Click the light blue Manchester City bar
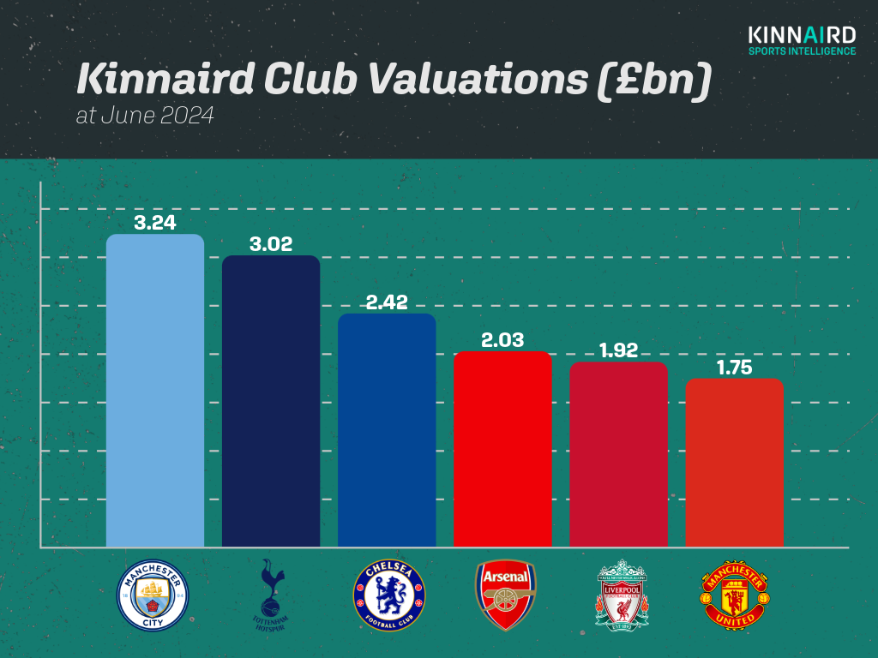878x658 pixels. [154, 390]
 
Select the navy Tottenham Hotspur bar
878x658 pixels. [271, 400]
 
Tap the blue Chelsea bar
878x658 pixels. [387, 429]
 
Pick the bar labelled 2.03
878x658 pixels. [502, 448]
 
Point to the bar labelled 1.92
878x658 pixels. [618, 453]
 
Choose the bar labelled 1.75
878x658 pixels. [734, 462]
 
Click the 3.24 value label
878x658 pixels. [154, 223]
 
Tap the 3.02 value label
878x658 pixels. [271, 244]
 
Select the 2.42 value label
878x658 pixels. [387, 302]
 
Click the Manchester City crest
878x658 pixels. [153, 595]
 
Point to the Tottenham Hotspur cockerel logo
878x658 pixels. [270, 595]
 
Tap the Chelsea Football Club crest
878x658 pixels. [388, 595]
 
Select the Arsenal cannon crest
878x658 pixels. [506, 595]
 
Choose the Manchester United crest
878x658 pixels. [735, 595]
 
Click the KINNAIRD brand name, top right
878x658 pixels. [801, 35]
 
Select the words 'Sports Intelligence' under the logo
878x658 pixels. [801, 51]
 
